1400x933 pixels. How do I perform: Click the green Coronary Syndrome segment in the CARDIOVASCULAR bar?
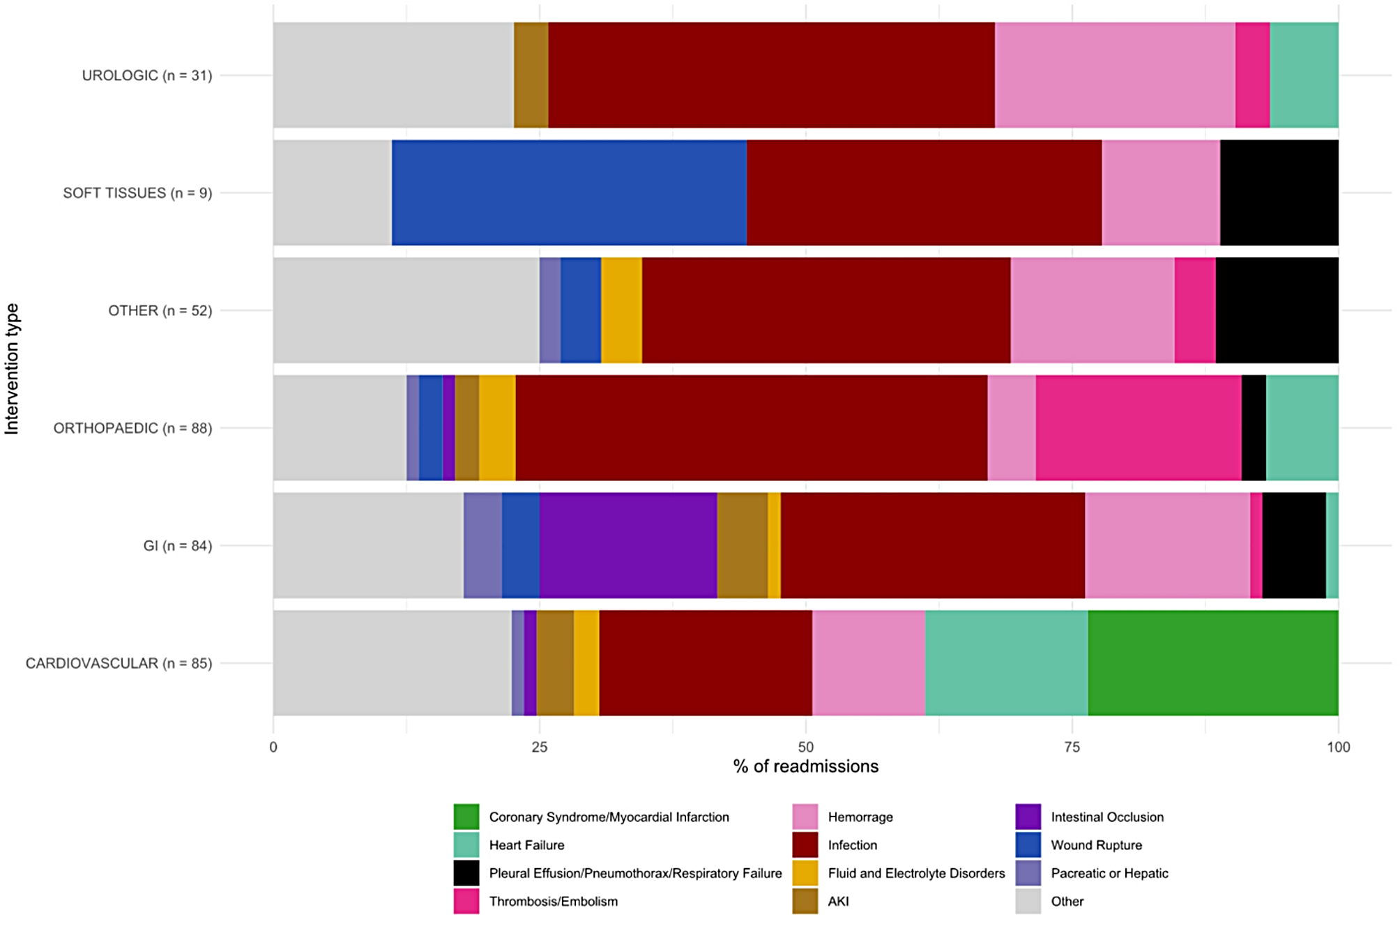pyautogui.click(x=1212, y=663)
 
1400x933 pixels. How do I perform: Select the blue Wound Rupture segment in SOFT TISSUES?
pyautogui.click(x=569, y=192)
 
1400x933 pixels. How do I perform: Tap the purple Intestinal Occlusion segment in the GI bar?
pyautogui.click(x=628, y=545)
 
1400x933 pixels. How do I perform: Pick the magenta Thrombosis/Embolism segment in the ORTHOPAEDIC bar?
pyautogui.click(x=1139, y=428)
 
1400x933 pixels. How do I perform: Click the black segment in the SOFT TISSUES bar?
pyautogui.click(x=1279, y=192)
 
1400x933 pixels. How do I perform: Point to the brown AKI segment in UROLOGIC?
pyautogui.click(x=531, y=75)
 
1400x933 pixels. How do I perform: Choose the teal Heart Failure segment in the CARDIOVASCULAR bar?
pyautogui.click(x=1007, y=663)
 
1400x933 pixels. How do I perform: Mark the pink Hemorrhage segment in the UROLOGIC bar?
pyautogui.click(x=1115, y=75)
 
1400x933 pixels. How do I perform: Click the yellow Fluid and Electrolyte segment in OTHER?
pyautogui.click(x=621, y=310)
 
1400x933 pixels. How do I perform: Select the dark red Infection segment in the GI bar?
pyautogui.click(x=933, y=545)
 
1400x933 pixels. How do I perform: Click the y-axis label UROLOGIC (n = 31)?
pyautogui.click(x=147, y=75)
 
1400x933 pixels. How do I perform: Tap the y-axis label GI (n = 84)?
pyautogui.click(x=178, y=545)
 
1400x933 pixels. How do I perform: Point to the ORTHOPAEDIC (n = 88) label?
pyautogui.click(x=132, y=428)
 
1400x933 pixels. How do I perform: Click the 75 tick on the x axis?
pyautogui.click(x=1072, y=748)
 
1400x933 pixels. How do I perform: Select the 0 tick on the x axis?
pyautogui.click(x=273, y=748)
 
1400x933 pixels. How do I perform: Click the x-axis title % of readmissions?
pyautogui.click(x=806, y=766)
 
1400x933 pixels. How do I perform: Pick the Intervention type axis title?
pyautogui.click(x=12, y=369)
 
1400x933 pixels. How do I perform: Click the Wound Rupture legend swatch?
pyautogui.click(x=1028, y=845)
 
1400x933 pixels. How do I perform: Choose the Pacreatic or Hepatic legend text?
pyautogui.click(x=1109, y=873)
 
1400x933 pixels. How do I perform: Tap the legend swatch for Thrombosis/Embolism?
pyautogui.click(x=466, y=901)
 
